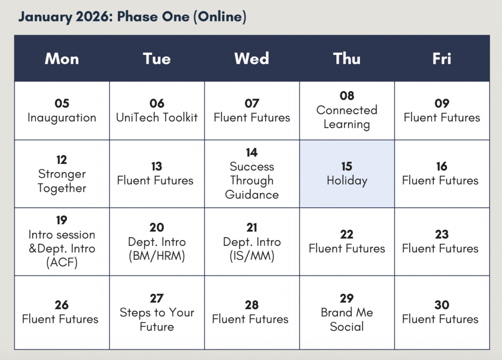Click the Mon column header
point(62,59)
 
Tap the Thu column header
point(347,59)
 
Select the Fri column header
point(442,59)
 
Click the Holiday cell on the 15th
point(347,174)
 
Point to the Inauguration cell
point(62,111)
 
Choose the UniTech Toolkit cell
point(157,111)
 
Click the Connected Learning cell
point(347,111)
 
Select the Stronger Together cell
point(62,174)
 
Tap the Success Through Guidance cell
point(252,174)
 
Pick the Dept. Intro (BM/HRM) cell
point(157,241)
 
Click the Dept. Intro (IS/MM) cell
point(252,241)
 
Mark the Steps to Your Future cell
point(157,312)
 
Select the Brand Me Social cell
point(347,312)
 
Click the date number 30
point(442,305)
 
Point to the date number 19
point(61,220)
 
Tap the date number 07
point(252,103)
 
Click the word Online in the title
point(220,17)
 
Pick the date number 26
point(61,305)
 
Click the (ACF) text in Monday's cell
point(62,263)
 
